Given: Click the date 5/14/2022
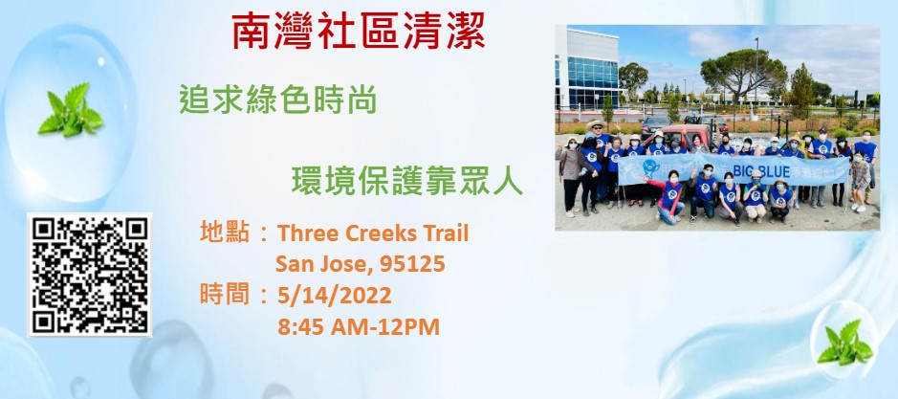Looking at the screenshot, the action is [335, 296].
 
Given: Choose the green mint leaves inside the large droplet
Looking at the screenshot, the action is [71, 110].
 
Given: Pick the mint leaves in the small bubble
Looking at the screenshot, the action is [845, 343].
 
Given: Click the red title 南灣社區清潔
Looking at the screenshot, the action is [359, 31].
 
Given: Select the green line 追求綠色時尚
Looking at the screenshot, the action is [277, 100].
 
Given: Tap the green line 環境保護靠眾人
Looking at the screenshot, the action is [407, 181].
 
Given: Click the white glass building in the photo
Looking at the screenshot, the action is [586, 68].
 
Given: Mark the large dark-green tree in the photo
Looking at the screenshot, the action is [743, 72].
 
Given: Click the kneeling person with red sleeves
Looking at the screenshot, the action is [668, 197].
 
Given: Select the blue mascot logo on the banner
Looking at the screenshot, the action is [650, 167].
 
